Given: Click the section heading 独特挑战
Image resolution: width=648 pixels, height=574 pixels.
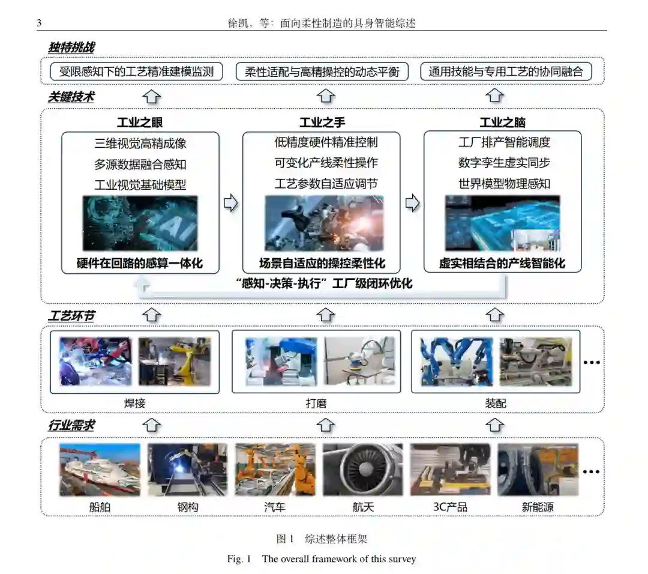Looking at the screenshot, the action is pyautogui.click(x=71, y=47).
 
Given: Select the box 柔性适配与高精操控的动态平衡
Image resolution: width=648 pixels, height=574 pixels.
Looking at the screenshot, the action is pyautogui.click(x=322, y=71).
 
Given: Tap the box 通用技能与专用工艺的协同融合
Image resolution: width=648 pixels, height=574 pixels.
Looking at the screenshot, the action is pyautogui.click(x=506, y=71).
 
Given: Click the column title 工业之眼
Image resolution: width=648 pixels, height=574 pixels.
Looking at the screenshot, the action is pyautogui.click(x=140, y=122).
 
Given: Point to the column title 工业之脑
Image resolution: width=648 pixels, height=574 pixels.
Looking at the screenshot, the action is pyautogui.click(x=503, y=122).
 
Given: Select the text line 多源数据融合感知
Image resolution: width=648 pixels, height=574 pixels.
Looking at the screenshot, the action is pyautogui.click(x=140, y=164).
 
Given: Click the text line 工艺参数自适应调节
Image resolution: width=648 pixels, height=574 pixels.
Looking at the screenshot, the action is pyautogui.click(x=326, y=183).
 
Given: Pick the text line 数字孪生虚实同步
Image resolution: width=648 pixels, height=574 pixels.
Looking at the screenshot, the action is pyautogui.click(x=504, y=163).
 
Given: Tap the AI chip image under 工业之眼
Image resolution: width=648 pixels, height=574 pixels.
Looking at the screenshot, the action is pyautogui.click(x=140, y=223).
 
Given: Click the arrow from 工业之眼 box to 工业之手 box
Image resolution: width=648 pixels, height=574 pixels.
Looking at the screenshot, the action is pyautogui.click(x=230, y=203).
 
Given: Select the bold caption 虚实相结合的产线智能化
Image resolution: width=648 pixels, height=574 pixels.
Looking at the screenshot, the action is pyautogui.click(x=502, y=263).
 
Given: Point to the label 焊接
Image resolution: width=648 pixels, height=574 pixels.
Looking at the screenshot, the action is pyautogui.click(x=135, y=403).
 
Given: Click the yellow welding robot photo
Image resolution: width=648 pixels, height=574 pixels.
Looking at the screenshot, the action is pyautogui.click(x=175, y=361).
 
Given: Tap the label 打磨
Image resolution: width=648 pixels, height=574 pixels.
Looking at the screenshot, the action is pyautogui.click(x=316, y=403).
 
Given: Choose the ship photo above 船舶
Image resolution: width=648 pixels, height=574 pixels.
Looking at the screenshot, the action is pyautogui.click(x=100, y=470).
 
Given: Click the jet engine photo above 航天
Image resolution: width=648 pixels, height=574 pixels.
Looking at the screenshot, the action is pyautogui.click(x=362, y=470).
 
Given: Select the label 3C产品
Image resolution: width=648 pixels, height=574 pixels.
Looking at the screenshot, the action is pyautogui.click(x=450, y=507).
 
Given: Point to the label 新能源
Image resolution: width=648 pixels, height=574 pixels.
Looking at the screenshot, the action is pyautogui.click(x=538, y=507).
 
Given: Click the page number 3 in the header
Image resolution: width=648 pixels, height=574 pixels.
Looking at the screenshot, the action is pyautogui.click(x=39, y=23).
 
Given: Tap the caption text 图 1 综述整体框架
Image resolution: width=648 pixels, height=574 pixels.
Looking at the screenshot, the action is pyautogui.click(x=322, y=539).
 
